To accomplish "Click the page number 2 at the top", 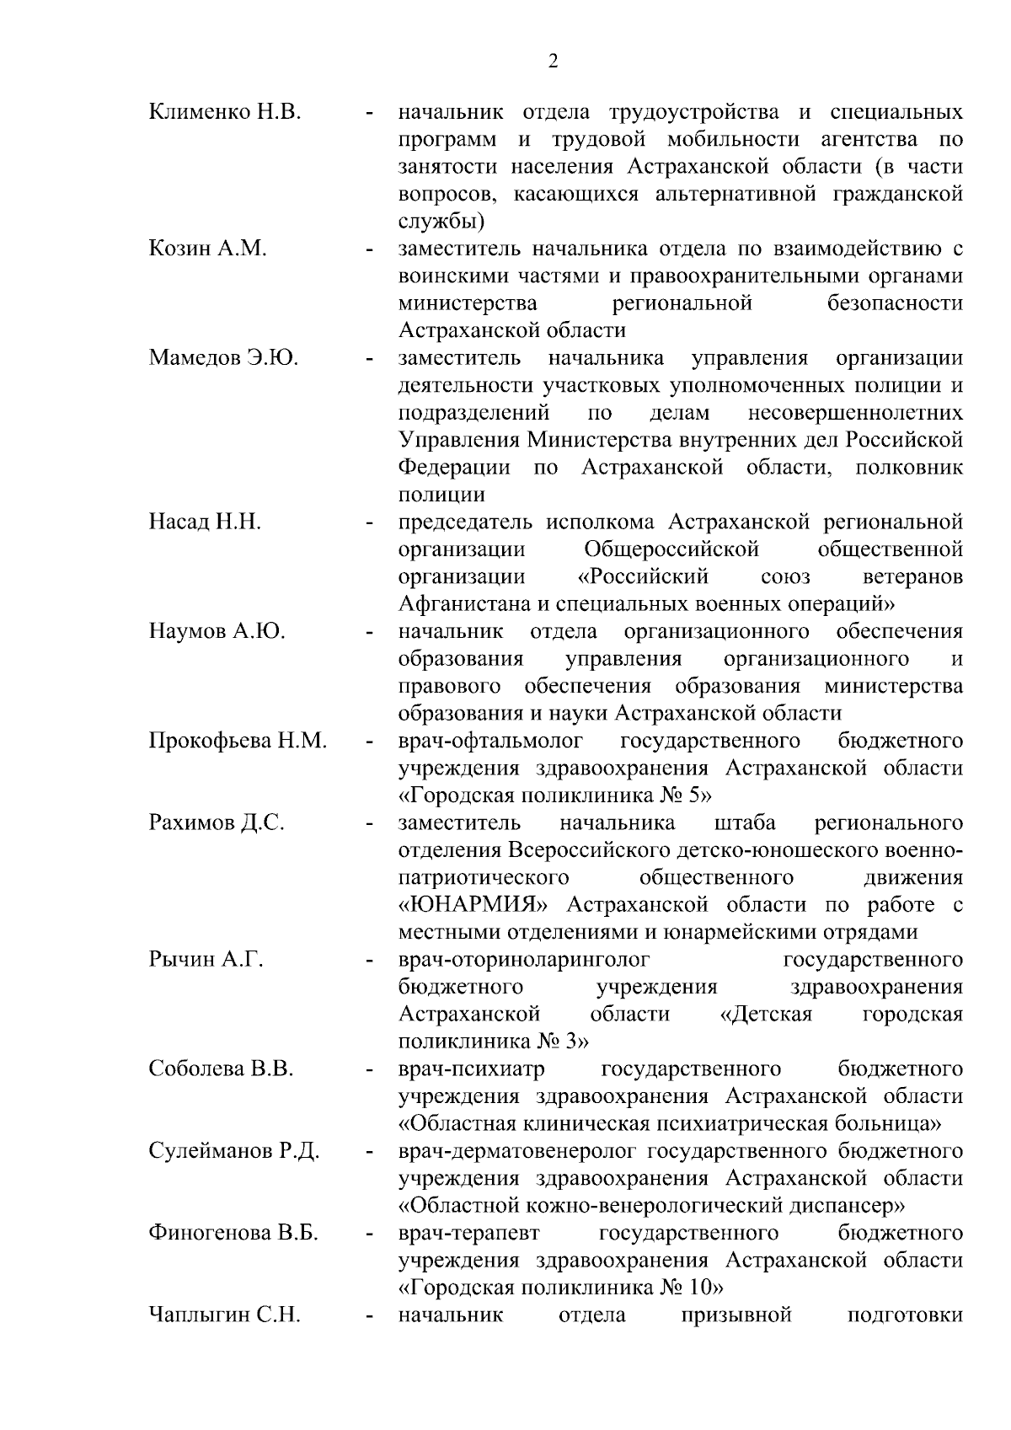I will pyautogui.click(x=553, y=61).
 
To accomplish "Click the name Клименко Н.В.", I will pyautogui.click(x=224, y=112).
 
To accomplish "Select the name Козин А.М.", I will pyautogui.click(x=207, y=249).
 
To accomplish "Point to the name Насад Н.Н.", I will pyautogui.click(x=205, y=522).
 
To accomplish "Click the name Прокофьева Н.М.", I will pyautogui.click(x=238, y=741).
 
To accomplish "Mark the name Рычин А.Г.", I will pyautogui.click(x=206, y=960).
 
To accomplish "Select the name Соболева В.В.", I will pyautogui.click(x=221, y=1069).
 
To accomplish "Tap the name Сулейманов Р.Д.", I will pyautogui.click(x=233, y=1151).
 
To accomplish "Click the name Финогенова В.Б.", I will pyautogui.click(x=233, y=1234).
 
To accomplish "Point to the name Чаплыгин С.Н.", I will pyautogui.click(x=224, y=1315).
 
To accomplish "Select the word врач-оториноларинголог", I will pyautogui.click(x=525, y=960).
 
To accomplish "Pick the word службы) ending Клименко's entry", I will pyautogui.click(x=441, y=222).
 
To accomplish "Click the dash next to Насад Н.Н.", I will pyautogui.click(x=369, y=524).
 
